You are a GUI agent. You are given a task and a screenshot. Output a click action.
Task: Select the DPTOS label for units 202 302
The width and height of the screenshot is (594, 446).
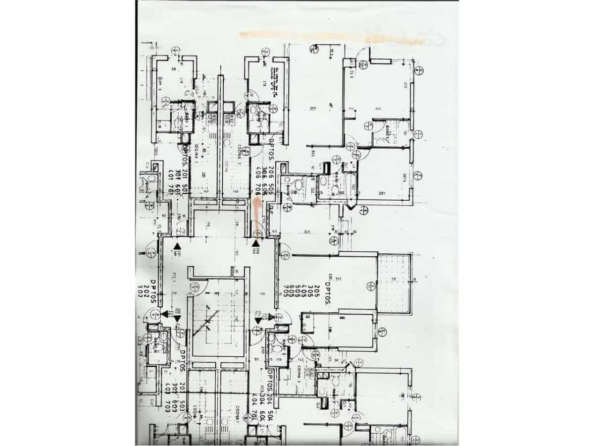(x=153, y=292)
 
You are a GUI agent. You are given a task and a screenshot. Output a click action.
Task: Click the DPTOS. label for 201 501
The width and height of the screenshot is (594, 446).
(x=185, y=158)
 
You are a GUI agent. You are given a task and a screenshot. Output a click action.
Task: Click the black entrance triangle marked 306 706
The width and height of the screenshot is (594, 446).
(x=256, y=243)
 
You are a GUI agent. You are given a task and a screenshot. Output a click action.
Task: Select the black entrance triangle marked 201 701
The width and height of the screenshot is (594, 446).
(x=177, y=245)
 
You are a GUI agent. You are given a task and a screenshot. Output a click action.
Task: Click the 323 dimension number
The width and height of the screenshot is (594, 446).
(x=307, y=231)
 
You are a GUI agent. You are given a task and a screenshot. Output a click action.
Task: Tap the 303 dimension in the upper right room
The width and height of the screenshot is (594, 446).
(x=378, y=109)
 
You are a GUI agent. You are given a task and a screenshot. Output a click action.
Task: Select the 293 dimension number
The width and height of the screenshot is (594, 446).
(x=313, y=109)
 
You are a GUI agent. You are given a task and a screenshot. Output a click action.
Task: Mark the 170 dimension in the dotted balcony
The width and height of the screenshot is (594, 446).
(x=394, y=279)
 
